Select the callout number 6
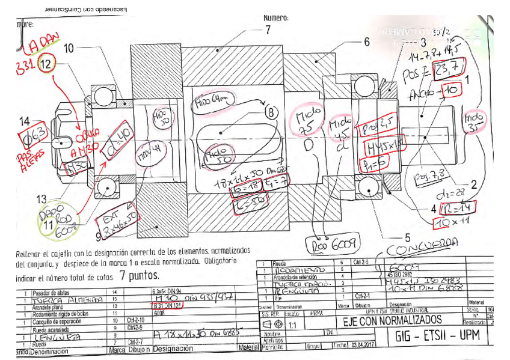point(366,42)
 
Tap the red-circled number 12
point(46,63)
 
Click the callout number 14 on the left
point(24,121)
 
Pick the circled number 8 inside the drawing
point(271,112)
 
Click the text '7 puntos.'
point(140,276)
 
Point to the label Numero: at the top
point(276,18)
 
